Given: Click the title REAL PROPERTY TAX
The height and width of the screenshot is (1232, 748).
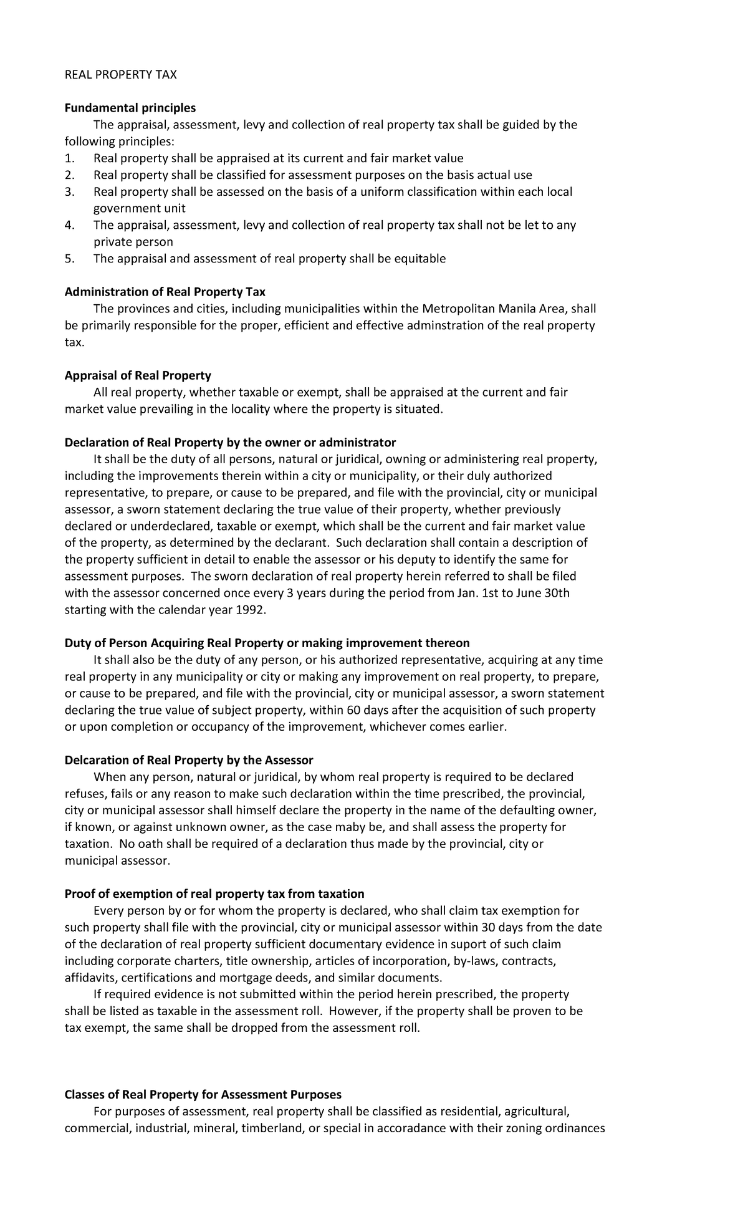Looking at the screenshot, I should click(x=121, y=75).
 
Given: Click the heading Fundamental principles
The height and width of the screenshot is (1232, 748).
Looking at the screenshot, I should click(x=130, y=108).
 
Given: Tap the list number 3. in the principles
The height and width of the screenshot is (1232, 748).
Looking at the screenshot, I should click(x=69, y=191).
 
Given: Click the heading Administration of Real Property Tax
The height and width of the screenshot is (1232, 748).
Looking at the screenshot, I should click(x=165, y=292).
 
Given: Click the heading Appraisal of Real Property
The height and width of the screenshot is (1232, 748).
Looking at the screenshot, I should click(x=138, y=375).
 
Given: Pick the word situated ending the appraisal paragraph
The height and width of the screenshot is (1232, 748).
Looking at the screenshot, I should click(x=420, y=409).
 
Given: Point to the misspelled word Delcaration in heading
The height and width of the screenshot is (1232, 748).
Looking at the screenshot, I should click(x=94, y=759).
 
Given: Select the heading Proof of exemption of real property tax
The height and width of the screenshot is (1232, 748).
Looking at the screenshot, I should click(x=214, y=893).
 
